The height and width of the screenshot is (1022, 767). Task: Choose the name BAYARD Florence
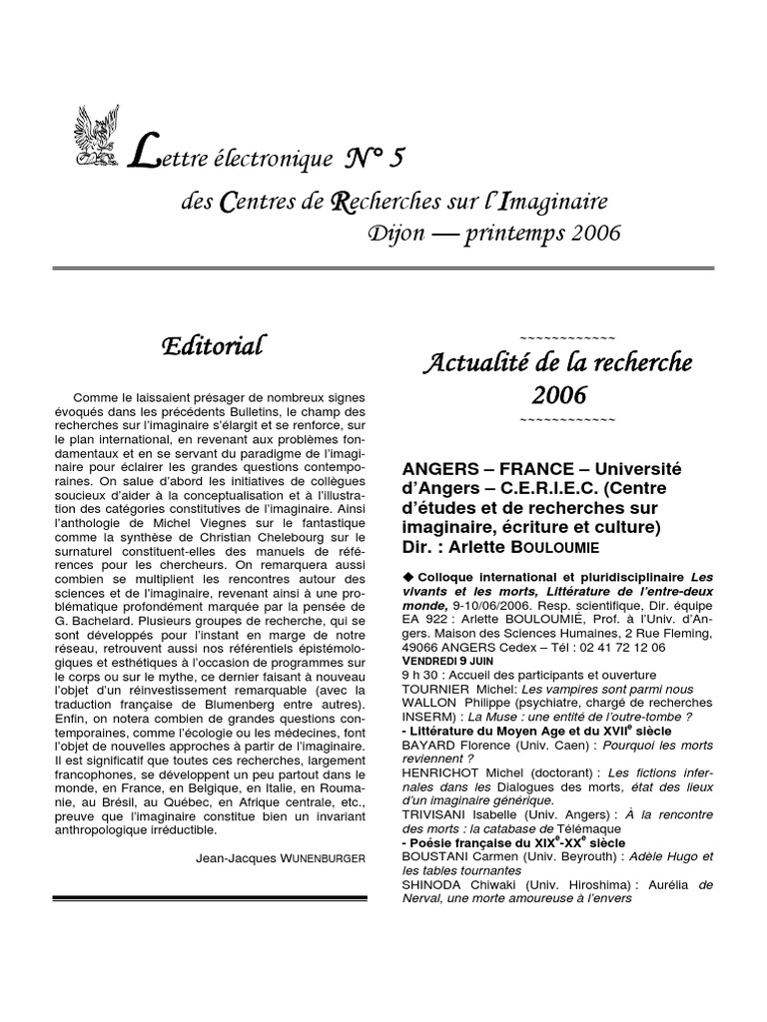click(x=456, y=745)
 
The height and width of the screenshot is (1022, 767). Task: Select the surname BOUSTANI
click(x=436, y=856)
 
